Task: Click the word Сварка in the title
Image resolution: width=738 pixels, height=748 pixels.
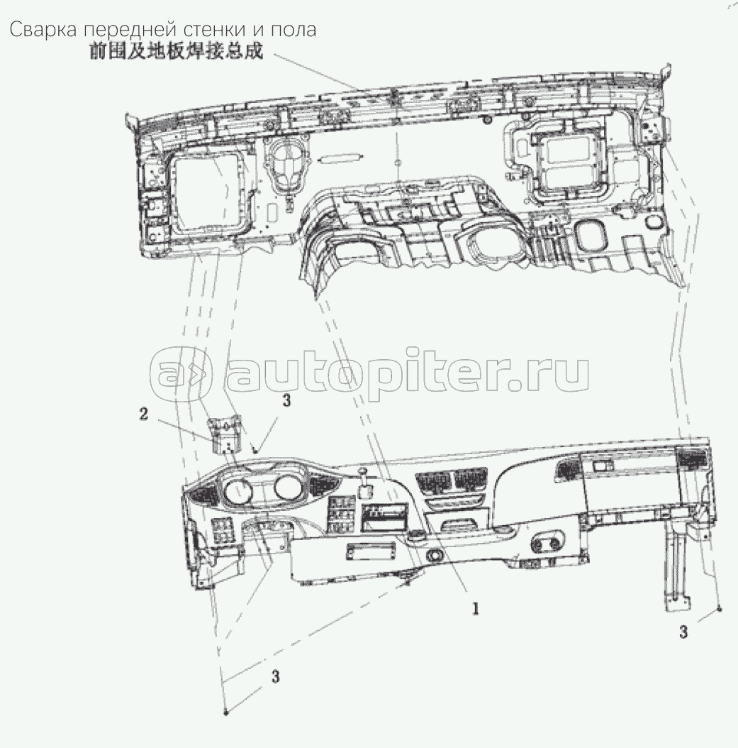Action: (x=43, y=30)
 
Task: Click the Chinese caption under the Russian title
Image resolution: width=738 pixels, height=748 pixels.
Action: (x=177, y=51)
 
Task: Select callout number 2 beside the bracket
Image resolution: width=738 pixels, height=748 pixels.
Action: (x=143, y=414)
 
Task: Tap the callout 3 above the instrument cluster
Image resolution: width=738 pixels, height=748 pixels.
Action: (x=286, y=400)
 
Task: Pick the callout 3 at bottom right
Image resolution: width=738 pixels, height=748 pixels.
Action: (x=683, y=632)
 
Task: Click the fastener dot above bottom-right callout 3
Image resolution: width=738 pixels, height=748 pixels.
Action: (x=720, y=610)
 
